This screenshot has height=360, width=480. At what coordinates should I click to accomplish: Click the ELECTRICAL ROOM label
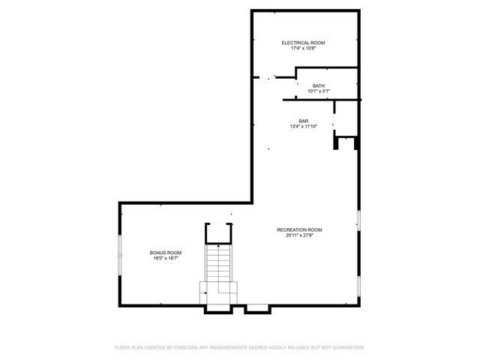[x=303, y=43]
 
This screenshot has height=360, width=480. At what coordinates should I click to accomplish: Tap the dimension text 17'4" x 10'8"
[x=303, y=49]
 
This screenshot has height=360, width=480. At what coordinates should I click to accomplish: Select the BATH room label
[x=319, y=85]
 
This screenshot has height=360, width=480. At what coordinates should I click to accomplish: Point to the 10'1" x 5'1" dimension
[x=319, y=91]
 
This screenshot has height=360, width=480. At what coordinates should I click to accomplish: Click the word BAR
[x=303, y=121]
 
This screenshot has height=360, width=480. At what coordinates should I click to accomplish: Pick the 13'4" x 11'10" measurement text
[x=303, y=127]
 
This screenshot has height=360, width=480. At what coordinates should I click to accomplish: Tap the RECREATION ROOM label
[x=299, y=229]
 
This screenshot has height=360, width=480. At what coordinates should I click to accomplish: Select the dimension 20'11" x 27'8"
[x=299, y=235]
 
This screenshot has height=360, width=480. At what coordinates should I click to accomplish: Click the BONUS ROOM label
[x=165, y=252]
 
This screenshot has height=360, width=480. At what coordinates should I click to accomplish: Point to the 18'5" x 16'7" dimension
[x=165, y=258]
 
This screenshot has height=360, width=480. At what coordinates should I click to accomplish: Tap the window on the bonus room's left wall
[x=119, y=255]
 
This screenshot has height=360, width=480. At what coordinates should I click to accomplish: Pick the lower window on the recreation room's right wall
[x=359, y=286]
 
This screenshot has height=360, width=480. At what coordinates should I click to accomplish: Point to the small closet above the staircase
[x=219, y=233]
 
